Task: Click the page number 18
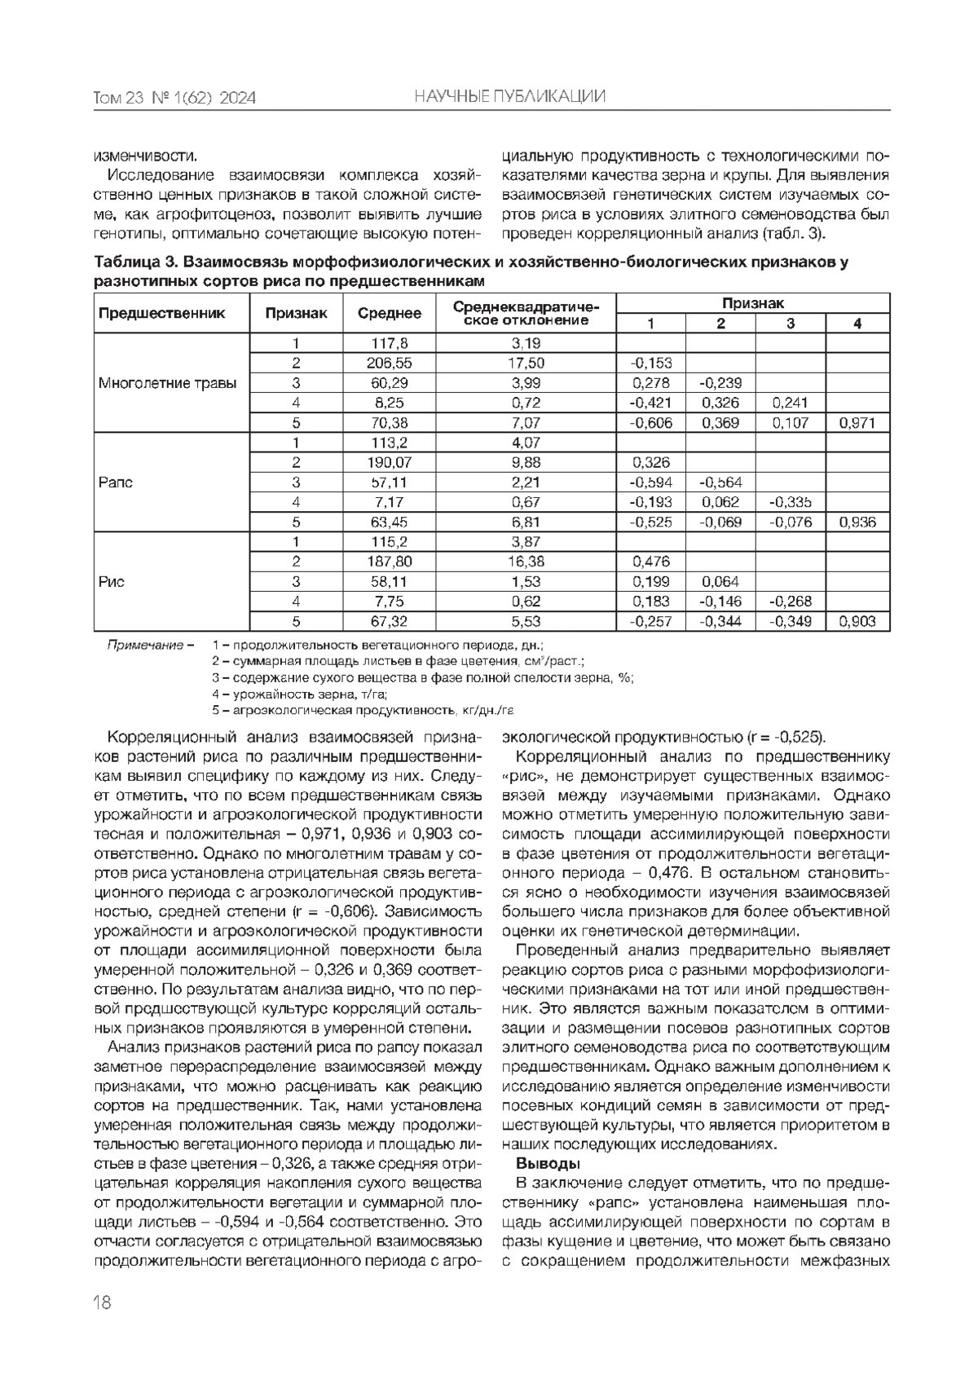click(x=103, y=1302)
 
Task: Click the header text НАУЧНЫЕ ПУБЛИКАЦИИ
click(x=509, y=97)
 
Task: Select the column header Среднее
click(x=390, y=313)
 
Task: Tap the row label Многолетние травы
click(x=168, y=383)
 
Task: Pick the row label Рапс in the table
click(x=115, y=483)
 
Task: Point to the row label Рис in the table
click(x=112, y=582)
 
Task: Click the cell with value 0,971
click(x=857, y=423)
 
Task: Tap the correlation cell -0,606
click(x=650, y=423)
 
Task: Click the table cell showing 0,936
click(x=857, y=522)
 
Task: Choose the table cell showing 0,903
click(x=857, y=622)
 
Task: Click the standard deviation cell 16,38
click(x=526, y=562)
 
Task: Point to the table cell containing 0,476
click(x=650, y=562)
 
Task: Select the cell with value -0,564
click(x=720, y=483)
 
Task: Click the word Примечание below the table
click(x=146, y=646)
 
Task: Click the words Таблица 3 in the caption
click(x=134, y=263)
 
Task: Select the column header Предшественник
click(x=161, y=313)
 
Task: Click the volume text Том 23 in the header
click(x=119, y=99)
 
